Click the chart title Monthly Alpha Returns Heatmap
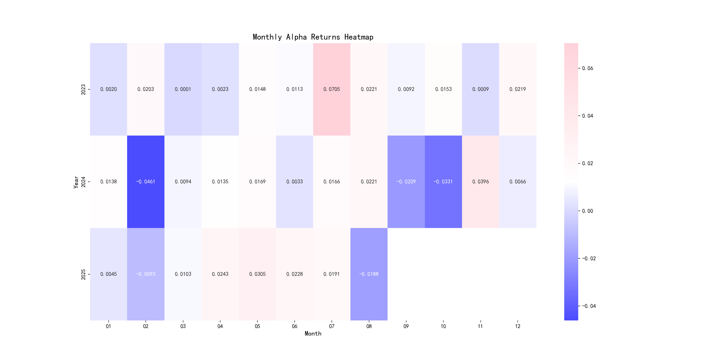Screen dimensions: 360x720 click(313, 37)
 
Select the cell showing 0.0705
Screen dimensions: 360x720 click(332, 89)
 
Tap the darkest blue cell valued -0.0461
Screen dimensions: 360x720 click(146, 182)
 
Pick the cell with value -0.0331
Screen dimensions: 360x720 click(443, 182)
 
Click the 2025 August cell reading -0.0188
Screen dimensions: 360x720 click(369, 274)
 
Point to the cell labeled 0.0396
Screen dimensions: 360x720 click(480, 182)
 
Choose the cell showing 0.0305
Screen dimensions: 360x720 click(257, 274)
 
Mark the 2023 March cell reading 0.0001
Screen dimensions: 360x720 click(183, 89)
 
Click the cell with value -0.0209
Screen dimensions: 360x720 click(406, 182)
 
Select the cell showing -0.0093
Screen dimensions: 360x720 click(146, 274)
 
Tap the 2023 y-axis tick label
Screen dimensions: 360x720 click(83, 89)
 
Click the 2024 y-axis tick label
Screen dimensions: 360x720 click(83, 182)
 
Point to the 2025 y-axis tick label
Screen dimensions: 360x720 click(83, 274)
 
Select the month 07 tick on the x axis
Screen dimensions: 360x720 click(332, 326)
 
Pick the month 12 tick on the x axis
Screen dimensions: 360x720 click(517, 326)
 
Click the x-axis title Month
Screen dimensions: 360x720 click(313, 334)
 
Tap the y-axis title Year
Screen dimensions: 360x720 click(76, 182)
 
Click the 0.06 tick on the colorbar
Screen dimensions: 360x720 click(587, 68)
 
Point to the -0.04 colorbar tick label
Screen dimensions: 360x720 click(589, 306)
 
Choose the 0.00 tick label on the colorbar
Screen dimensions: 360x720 click(587, 211)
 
